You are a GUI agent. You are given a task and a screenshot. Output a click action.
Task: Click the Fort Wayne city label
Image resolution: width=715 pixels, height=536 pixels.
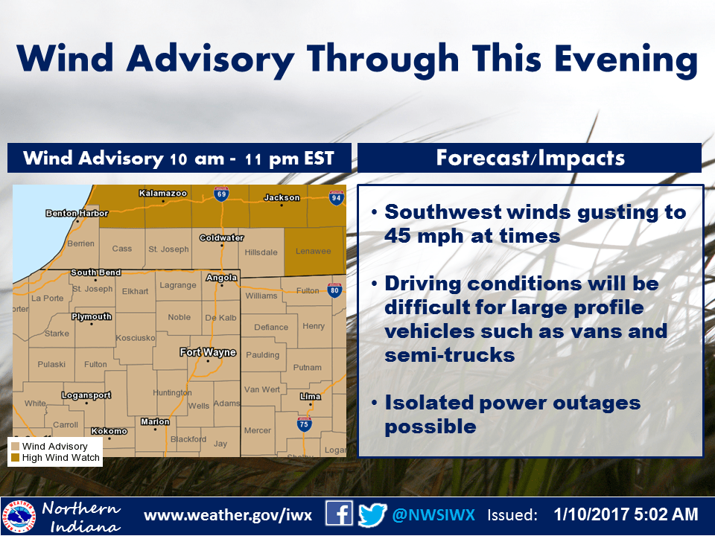[208, 352]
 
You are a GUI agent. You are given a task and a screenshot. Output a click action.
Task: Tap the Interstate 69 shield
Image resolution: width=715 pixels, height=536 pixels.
[221, 194]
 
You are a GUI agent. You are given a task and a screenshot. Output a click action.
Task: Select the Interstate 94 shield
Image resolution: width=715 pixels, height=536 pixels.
[336, 198]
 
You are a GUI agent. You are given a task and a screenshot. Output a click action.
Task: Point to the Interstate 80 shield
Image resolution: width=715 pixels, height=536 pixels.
[334, 290]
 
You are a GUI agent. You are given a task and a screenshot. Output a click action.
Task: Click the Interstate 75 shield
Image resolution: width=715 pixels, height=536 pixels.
[304, 424]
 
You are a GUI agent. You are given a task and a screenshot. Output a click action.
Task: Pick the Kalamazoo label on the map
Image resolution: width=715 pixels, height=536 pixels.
[163, 194]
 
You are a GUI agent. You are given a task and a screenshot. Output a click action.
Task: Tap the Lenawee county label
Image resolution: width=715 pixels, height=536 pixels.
[314, 251]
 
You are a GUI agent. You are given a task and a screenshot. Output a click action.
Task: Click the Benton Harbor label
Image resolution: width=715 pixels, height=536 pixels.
[77, 214]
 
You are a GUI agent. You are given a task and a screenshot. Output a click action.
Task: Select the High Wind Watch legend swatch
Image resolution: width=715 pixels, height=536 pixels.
[15, 458]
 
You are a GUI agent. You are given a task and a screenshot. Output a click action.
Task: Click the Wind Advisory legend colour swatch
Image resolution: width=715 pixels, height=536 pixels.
[15, 446]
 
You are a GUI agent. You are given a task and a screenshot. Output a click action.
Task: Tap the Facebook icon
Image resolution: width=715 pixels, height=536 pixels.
[339, 514]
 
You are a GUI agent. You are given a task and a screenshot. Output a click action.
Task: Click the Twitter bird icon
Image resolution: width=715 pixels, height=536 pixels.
[372, 515]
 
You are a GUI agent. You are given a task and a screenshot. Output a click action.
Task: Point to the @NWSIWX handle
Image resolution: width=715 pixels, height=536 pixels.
[433, 515]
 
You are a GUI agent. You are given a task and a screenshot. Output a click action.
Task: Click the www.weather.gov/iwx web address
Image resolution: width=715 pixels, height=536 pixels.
[228, 515]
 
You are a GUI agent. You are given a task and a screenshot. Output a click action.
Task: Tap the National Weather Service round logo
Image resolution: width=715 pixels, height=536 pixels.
[19, 517]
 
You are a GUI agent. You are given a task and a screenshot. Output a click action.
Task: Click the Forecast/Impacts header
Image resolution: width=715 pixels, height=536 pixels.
[530, 158]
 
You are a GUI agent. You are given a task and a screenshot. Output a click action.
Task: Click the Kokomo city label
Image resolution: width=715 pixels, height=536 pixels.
[109, 431]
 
